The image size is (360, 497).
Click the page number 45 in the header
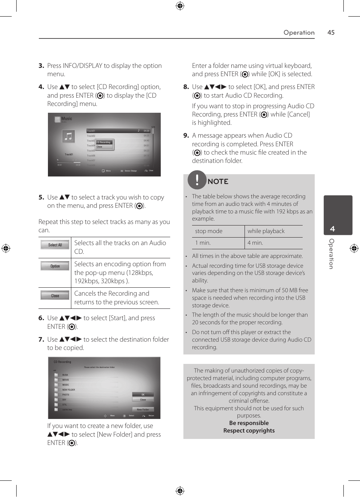pos(331,32)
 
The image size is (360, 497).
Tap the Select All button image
pos(55,245)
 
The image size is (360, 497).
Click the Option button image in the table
pos(55,266)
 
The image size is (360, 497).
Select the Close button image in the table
pos(55,296)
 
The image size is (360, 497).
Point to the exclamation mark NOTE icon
pos(197,179)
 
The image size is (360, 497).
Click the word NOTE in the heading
pos(218,181)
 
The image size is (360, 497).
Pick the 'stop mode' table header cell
pos(209,231)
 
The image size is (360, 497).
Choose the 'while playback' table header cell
pos(266,231)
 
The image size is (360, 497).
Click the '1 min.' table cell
pos(203,243)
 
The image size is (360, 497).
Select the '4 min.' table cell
pos(255,243)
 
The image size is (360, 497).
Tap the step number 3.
pos(41,66)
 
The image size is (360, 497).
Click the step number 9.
pos(186,135)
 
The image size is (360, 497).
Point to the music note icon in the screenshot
pos(68,137)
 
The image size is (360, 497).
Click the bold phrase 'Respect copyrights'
pos(249,431)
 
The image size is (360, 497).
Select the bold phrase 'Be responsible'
pos(249,423)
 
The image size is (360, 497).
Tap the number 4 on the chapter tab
pos(332,229)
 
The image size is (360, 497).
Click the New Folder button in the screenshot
pos(143,409)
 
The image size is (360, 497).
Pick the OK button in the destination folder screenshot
pos(143,394)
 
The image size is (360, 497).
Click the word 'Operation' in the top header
pos(299,32)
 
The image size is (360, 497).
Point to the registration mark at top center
pos(180,6)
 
